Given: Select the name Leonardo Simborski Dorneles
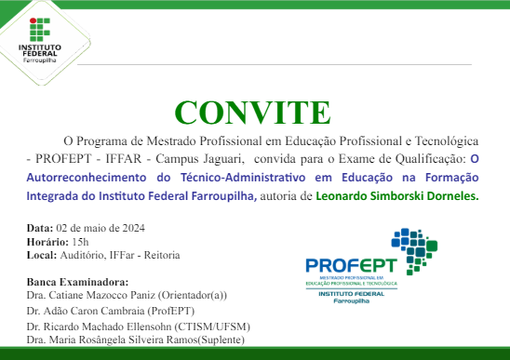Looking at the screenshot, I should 396,196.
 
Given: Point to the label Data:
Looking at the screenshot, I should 40,228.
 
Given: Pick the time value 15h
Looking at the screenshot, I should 80,241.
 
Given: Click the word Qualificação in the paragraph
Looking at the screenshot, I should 433,159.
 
